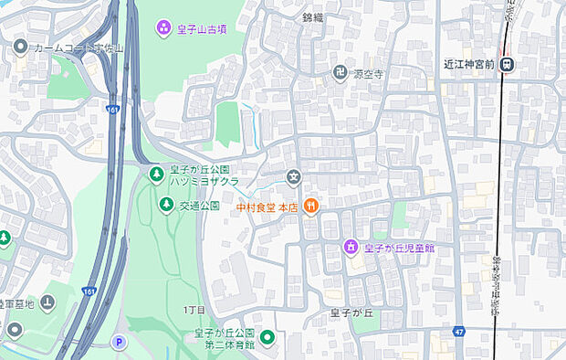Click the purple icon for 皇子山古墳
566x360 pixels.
click(163, 28)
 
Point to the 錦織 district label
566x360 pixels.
click(314, 17)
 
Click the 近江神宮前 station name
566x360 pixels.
click(468, 64)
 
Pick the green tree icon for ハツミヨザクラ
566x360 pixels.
click(156, 175)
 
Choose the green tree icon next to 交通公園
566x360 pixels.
click(165, 205)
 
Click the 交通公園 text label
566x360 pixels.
click(200, 206)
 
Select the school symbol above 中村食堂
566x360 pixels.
click(294, 177)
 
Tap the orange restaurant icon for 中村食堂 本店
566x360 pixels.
click(311, 206)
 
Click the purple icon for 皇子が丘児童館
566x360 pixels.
click(350, 247)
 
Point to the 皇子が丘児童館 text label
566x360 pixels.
click(398, 248)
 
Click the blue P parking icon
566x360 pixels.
click(117, 343)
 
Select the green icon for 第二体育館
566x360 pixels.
click(267, 339)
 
